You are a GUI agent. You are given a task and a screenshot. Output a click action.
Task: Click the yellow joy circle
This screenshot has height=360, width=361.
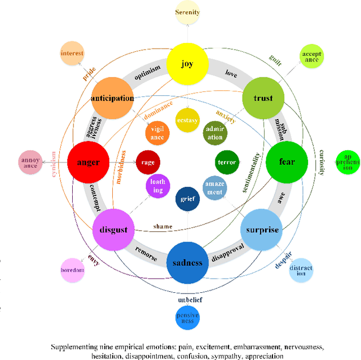[187, 64]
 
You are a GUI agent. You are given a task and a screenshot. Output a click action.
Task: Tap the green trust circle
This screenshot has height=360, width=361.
[263, 98]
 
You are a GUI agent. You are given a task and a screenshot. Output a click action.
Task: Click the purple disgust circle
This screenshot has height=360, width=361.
[113, 229]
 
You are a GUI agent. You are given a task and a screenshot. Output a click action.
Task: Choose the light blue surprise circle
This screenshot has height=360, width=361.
[262, 230]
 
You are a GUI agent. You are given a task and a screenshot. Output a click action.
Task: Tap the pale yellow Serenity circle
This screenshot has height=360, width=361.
[187, 12]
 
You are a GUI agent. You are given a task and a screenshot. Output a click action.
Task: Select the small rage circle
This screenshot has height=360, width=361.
[148, 163]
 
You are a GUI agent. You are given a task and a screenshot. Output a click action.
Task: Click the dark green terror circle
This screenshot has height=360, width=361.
[227, 163]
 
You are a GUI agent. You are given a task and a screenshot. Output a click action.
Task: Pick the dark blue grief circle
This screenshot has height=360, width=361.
[187, 199]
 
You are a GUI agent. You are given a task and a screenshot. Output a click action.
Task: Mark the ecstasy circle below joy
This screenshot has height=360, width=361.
[187, 120]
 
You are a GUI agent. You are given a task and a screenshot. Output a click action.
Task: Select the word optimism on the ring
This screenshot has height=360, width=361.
[147, 68]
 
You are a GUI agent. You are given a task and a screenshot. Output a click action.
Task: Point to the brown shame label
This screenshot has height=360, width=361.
[162, 226]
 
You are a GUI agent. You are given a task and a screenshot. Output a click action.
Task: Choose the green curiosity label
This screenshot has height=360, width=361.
[321, 163]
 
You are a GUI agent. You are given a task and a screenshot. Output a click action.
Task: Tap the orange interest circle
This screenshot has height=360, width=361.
[72, 54]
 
